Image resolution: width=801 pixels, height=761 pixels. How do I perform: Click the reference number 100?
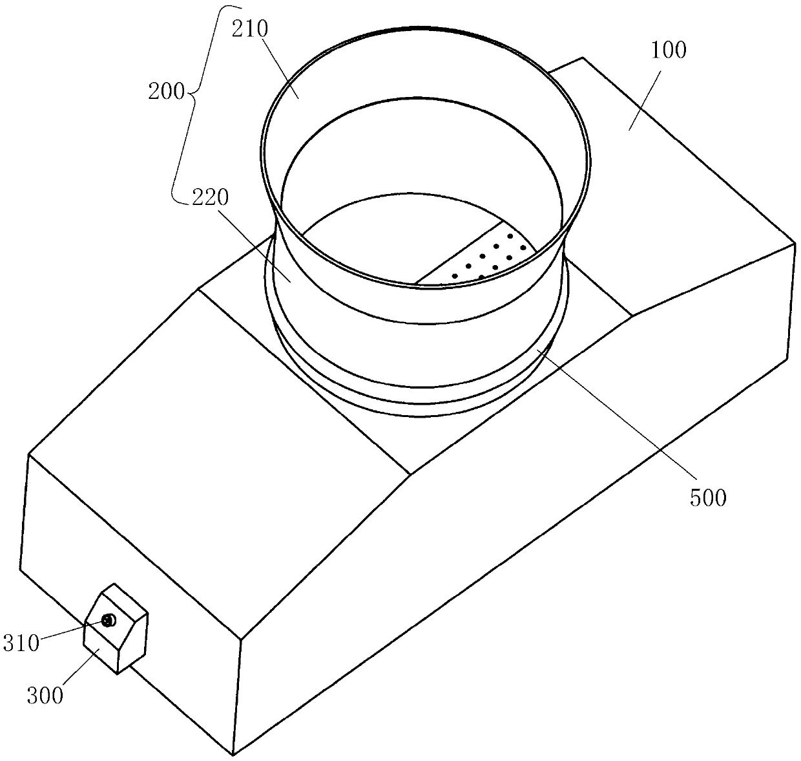point(669,50)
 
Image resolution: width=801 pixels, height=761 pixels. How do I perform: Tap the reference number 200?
point(167,91)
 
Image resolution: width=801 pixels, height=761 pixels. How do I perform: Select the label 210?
point(257,28)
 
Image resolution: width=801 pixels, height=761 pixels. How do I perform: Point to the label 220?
point(209,198)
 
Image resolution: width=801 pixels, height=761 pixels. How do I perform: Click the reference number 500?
point(709,497)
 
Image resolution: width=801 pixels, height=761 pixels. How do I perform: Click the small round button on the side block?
point(108,621)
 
